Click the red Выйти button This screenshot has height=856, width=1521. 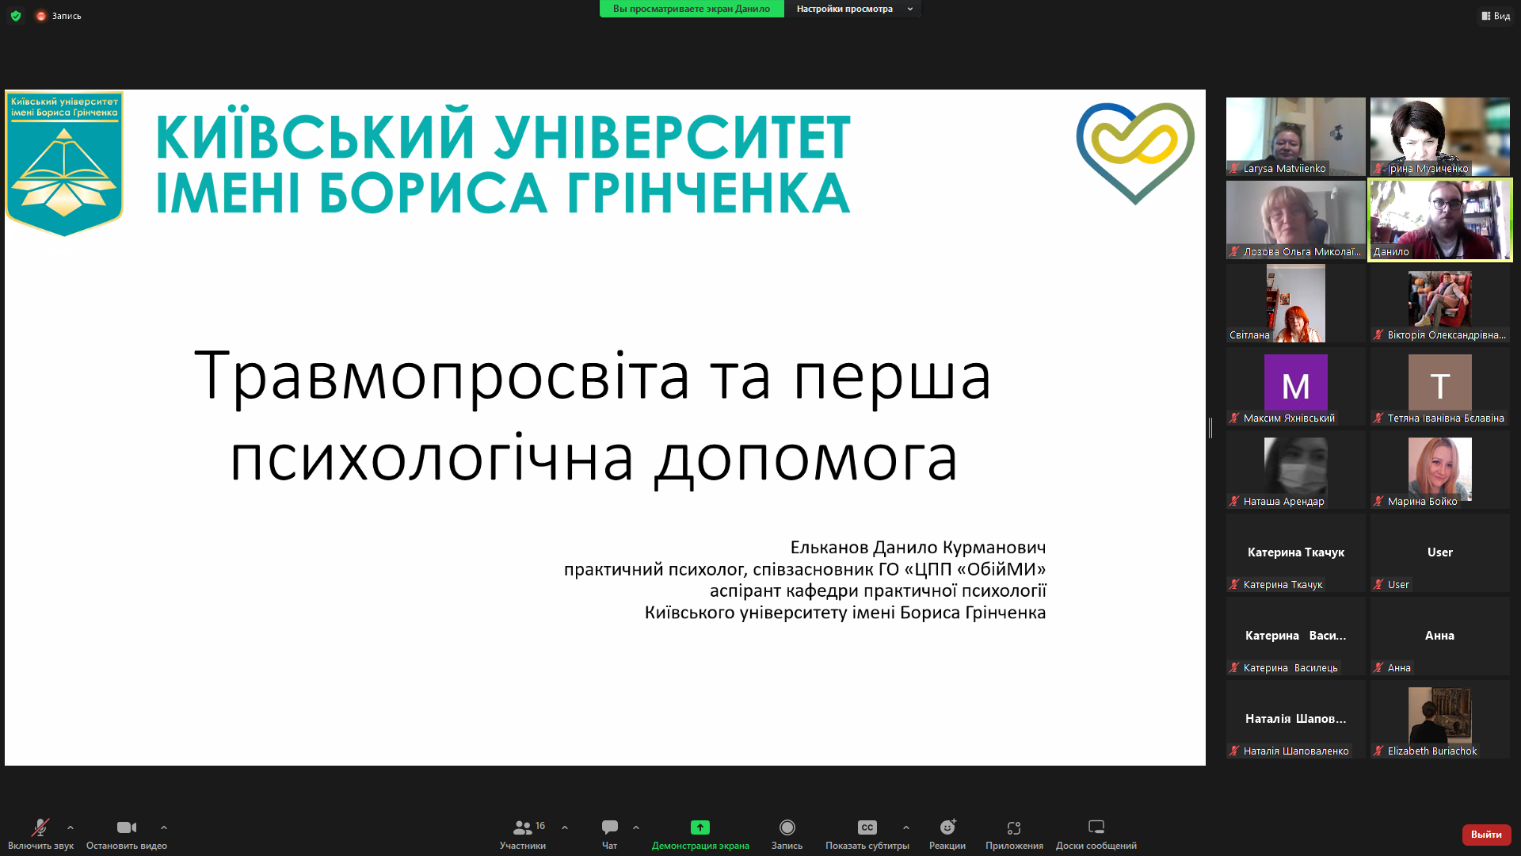point(1485,835)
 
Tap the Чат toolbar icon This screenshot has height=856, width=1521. point(609,827)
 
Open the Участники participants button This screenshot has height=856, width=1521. point(523,827)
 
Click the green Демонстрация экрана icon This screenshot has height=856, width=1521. point(700,827)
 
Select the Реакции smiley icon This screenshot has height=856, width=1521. point(947,827)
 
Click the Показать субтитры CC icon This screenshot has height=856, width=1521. point(867,827)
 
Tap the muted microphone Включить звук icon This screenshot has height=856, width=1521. point(40,827)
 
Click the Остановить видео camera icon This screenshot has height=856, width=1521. point(126,827)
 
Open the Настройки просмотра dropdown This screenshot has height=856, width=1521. point(853,9)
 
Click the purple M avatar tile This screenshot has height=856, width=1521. point(1295,383)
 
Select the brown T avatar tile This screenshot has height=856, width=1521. point(1439,383)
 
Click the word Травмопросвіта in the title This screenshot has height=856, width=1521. point(442,376)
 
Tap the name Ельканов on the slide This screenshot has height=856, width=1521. point(829,548)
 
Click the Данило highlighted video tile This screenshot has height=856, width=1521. point(1439,219)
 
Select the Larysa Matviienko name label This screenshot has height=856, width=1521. point(1283,169)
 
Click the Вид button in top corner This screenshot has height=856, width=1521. point(1496,16)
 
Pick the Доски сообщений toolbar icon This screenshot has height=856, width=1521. point(1096,827)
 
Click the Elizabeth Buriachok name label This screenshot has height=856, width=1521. point(1431,751)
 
